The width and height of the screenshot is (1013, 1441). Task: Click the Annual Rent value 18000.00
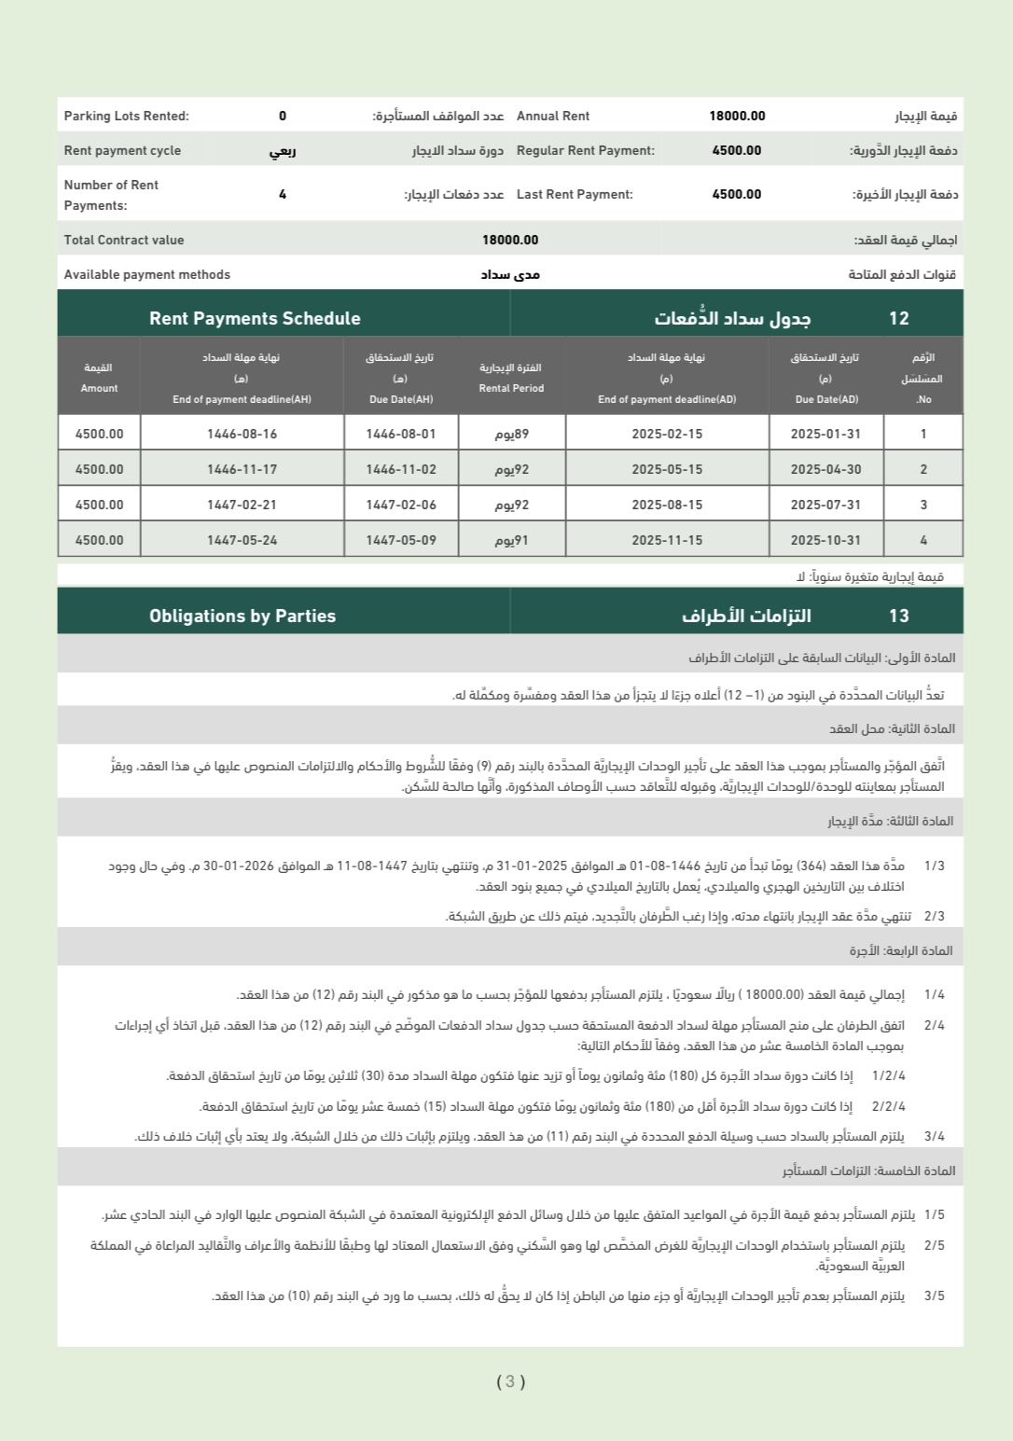point(737,116)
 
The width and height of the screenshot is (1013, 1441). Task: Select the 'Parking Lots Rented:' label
point(126,116)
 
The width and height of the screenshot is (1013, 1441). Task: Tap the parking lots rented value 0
point(283,116)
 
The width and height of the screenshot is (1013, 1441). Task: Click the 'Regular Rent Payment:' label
point(585,150)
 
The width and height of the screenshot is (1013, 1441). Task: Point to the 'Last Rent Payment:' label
point(574,194)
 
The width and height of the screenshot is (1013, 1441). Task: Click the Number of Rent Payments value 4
point(283,194)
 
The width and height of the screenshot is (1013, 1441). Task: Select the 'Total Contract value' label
point(124,240)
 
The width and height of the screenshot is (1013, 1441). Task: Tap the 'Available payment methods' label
point(146,274)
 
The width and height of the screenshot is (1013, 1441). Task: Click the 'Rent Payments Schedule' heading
point(255,318)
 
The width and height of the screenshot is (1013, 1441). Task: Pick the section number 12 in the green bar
point(898,318)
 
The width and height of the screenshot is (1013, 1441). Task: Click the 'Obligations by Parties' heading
point(243,616)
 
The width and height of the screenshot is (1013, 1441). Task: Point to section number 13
point(898,616)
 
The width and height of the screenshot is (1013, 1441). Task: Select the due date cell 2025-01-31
point(826,434)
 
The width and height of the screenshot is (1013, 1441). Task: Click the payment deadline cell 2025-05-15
point(667,469)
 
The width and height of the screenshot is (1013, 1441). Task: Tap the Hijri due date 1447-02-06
point(401,505)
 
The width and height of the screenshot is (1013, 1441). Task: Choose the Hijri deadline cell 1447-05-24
point(242,540)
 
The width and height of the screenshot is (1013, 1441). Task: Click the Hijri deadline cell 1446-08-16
point(242,434)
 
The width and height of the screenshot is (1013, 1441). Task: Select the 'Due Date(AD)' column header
point(826,399)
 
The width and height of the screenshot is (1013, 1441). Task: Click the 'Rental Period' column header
point(511,388)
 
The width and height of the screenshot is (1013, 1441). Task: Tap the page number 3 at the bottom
point(510,1381)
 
